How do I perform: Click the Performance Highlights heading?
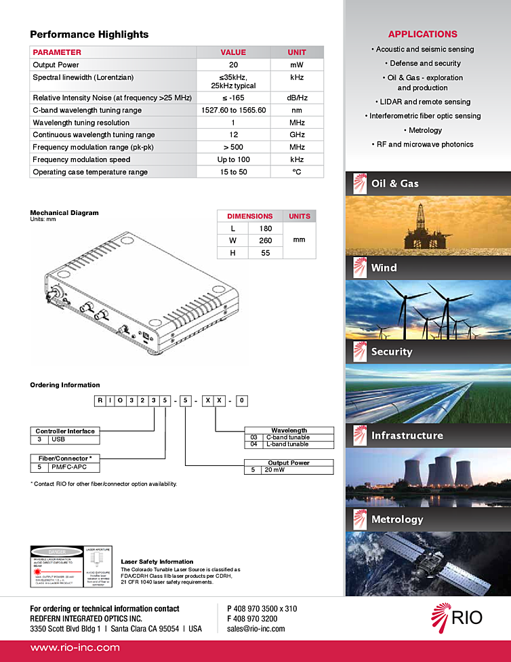pos(89,35)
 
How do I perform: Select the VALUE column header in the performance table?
pos(233,52)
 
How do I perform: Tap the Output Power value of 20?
pos(233,65)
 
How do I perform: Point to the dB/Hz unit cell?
pos(297,98)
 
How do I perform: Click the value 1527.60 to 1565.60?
pos(233,110)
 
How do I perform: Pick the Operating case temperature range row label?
pos(90,172)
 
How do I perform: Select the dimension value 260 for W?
pos(265,240)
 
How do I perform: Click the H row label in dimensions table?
pos(233,253)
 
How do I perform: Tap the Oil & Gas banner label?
pos(394,184)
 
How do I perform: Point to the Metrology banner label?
pos(396,520)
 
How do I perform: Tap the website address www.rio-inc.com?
pos(75,648)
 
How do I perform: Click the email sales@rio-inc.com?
pos(255,629)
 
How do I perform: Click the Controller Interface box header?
pos(65,431)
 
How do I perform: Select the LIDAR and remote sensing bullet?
pos(425,102)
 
